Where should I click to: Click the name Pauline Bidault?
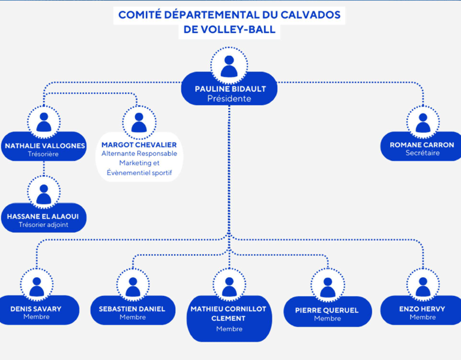click(230, 89)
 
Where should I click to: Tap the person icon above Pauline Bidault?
click(229, 65)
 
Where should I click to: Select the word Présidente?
click(229, 99)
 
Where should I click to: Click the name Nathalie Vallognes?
click(45, 146)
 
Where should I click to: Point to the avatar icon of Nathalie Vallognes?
click(44, 121)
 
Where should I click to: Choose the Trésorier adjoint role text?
click(44, 225)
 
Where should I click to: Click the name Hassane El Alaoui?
click(43, 216)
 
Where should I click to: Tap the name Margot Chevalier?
click(139, 145)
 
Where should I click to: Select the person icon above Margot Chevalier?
click(139, 122)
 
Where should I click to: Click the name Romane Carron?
click(422, 145)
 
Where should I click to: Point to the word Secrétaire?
click(423, 153)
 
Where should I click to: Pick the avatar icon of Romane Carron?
click(423, 122)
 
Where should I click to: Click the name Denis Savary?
click(36, 309)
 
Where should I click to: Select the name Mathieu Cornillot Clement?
click(229, 313)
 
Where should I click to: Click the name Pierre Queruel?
click(327, 310)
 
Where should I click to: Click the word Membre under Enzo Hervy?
click(423, 317)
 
